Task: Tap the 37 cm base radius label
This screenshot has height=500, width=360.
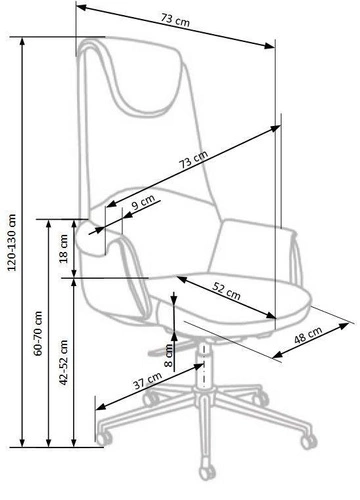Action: pyautogui.click(x=146, y=381)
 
